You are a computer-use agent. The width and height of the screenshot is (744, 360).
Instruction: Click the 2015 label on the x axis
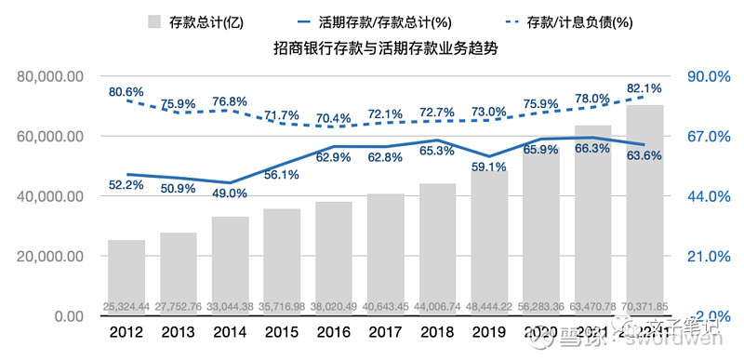pyautogui.click(x=282, y=332)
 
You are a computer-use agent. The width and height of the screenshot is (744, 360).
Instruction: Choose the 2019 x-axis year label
pyautogui.click(x=489, y=332)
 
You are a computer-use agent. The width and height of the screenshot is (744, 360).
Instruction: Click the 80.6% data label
pyautogui.click(x=126, y=92)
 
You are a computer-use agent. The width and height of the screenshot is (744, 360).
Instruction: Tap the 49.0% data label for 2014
pyautogui.click(x=230, y=193)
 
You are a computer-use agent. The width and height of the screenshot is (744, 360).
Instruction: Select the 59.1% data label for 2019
pyautogui.click(x=489, y=167)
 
